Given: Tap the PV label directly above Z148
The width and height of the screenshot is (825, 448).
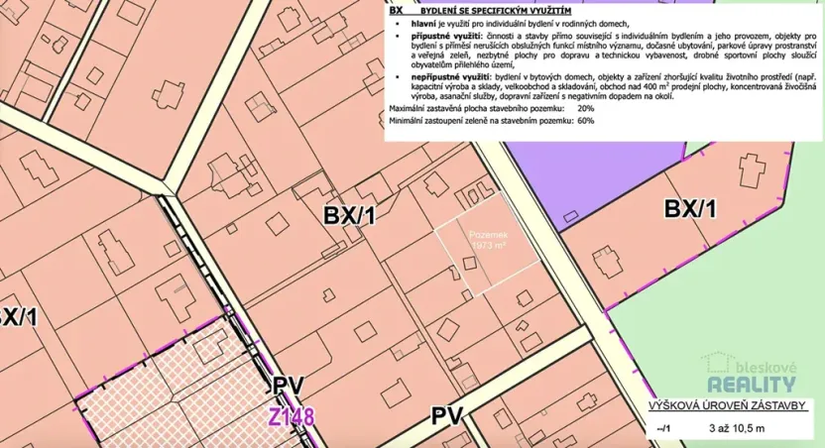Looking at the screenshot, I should pyautogui.click(x=290, y=388).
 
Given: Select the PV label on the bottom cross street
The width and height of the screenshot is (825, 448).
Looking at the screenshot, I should pyautogui.click(x=448, y=415).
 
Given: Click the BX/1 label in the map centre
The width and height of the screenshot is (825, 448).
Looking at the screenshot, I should pyautogui.click(x=349, y=214).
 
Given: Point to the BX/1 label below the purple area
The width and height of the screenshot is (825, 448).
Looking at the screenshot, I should pyautogui.click(x=689, y=209).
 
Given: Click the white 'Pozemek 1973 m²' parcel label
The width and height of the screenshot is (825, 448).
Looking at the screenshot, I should pyautogui.click(x=489, y=239).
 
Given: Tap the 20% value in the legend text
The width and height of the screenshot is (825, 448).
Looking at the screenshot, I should pyautogui.click(x=585, y=107).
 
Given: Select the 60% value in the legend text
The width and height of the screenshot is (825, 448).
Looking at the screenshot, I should pyautogui.click(x=585, y=120).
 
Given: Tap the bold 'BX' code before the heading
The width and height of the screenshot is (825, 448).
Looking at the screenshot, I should pyautogui.click(x=397, y=8).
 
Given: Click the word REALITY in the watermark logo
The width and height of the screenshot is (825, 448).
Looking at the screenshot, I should pyautogui.click(x=751, y=385).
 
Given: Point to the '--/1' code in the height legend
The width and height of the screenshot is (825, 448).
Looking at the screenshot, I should pyautogui.click(x=662, y=427).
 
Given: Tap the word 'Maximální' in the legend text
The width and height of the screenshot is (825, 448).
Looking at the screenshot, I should pyautogui.click(x=408, y=107).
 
